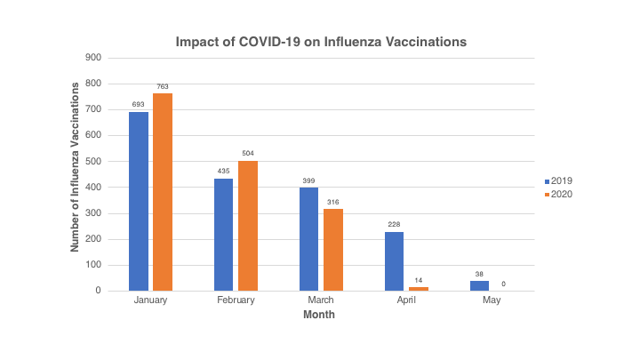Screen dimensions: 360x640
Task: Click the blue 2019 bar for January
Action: point(139,201)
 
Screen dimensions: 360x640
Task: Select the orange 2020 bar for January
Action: point(162,192)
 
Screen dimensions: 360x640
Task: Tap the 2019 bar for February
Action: point(223,235)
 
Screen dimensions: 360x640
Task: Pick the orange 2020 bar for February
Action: point(247,226)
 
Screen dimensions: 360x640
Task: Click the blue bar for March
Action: point(308,239)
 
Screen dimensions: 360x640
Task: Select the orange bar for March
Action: point(332,250)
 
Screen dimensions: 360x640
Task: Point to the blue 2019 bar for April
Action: point(394,261)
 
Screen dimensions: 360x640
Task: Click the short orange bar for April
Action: point(417,289)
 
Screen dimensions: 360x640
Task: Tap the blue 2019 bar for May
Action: point(479,285)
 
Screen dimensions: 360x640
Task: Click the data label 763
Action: point(162,86)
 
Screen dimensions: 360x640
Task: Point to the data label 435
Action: point(223,172)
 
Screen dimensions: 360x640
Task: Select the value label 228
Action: point(394,225)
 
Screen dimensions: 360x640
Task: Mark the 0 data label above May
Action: point(502,284)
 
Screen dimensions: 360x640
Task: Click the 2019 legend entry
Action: point(558,180)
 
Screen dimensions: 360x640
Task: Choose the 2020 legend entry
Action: point(558,194)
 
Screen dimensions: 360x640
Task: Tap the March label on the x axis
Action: point(320,300)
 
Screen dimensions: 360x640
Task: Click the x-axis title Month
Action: point(320,314)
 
